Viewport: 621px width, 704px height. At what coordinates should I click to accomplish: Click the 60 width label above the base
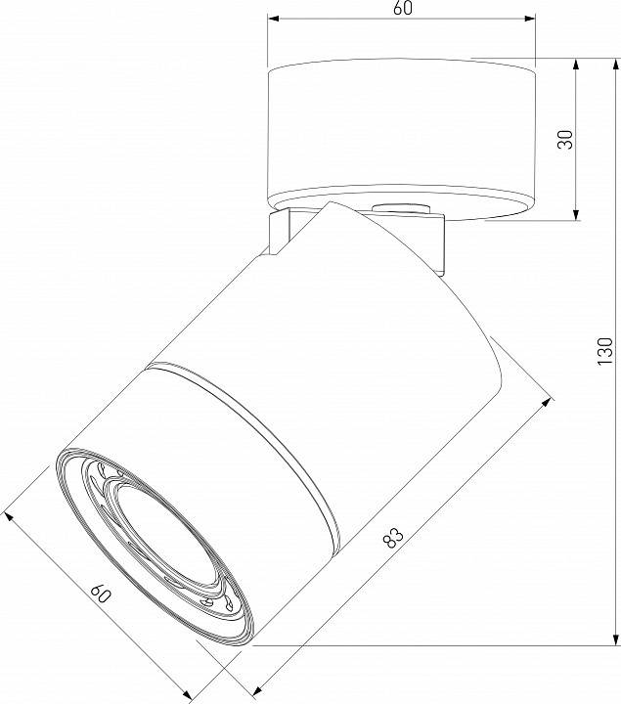pyautogui.click(x=402, y=9)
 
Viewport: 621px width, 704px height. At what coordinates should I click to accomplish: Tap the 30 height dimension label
pyautogui.click(x=564, y=138)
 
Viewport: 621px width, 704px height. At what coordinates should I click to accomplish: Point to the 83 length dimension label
pyautogui.click(x=393, y=537)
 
